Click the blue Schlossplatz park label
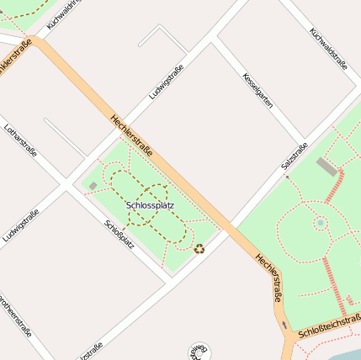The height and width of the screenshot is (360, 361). pos(150,204)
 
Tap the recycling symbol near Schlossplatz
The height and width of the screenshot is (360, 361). pos(199,248)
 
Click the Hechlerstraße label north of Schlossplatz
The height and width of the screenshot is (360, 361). pos(131,135)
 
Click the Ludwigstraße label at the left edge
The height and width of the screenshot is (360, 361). pos(20,225)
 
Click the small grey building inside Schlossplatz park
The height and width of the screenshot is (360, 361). pos(93,185)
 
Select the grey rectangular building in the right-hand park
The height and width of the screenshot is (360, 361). pos(326,166)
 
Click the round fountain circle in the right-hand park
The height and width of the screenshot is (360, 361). pos(320,223)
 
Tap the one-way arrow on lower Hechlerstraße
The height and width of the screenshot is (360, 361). pos(285,325)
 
